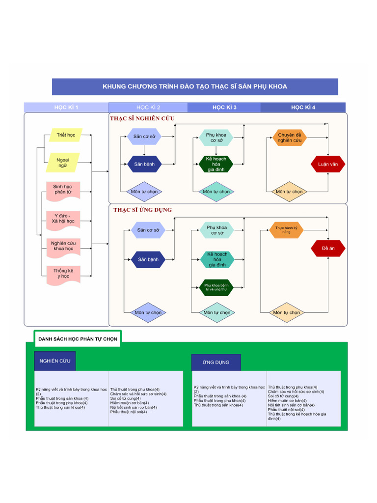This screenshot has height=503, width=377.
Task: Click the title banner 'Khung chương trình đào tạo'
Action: coord(195,86)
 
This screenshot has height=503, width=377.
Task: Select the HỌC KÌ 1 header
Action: coord(66,107)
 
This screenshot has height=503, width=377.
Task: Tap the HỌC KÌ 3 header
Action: coord(224,107)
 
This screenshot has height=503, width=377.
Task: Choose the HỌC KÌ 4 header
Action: coord(303,107)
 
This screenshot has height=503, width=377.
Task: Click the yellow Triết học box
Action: coord(66,135)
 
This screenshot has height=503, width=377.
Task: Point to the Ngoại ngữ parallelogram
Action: coord(62,163)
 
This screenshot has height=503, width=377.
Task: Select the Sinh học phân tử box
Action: coord(63,190)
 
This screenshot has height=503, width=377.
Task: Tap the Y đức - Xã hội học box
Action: coord(63,219)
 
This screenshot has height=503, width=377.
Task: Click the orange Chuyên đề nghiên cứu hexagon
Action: coord(290,138)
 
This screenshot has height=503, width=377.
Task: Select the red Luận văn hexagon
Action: coord(328,164)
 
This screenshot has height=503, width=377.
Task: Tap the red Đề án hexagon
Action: coord(328,249)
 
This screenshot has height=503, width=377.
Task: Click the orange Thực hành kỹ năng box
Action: coord(286,230)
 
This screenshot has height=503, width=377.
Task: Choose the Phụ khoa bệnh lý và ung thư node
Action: coord(216,287)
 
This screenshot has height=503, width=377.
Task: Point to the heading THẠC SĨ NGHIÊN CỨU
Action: coord(142,118)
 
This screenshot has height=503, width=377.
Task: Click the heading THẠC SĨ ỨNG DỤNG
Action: coord(142,210)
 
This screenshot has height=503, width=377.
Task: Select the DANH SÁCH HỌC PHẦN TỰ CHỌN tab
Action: coord(78,339)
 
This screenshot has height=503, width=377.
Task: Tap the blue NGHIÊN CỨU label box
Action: coord(54,361)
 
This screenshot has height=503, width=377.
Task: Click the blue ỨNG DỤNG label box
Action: coord(216,363)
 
